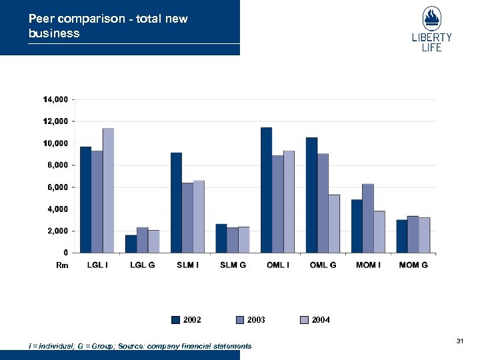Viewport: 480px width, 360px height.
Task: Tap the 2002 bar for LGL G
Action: pos(131,244)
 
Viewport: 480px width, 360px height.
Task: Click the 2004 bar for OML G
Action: pos(334,224)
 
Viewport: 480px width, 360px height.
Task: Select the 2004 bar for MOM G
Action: pos(424,235)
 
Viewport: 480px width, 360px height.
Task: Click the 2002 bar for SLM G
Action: pos(221,239)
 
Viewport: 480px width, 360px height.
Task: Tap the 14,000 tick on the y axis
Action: pos(55,99)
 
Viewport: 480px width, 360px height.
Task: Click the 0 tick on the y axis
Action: pos(65,253)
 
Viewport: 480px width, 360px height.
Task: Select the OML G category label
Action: pos(323,265)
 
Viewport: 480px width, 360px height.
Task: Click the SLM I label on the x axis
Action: pos(187,265)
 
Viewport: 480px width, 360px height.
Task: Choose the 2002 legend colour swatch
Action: pos(175,320)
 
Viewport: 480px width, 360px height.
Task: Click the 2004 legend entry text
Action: pos(321,320)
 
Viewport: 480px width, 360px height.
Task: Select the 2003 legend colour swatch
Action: pos(240,320)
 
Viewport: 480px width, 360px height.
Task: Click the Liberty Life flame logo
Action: pos(431,18)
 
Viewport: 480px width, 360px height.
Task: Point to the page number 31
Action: pos(459,341)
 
